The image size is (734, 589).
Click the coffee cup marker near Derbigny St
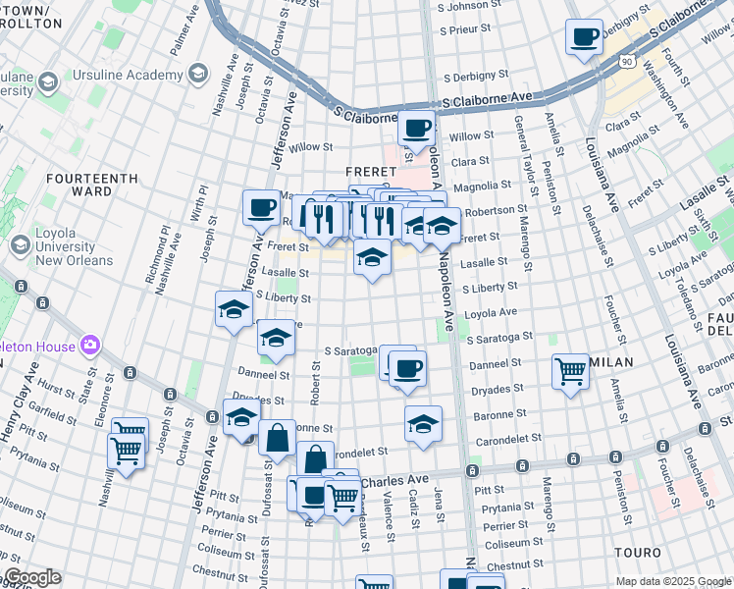[585, 38]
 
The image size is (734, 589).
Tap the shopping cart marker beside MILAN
[570, 372]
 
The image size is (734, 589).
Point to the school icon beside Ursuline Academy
[199, 75]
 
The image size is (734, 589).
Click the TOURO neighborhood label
[638, 553]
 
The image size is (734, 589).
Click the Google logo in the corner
[32, 577]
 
